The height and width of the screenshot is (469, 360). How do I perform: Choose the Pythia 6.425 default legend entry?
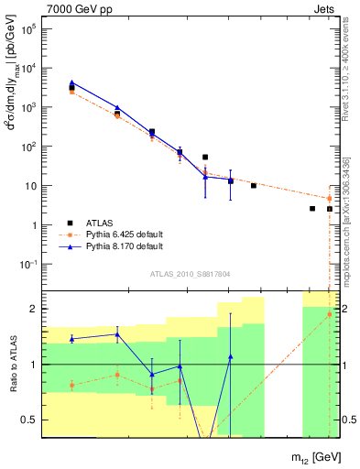(124, 234)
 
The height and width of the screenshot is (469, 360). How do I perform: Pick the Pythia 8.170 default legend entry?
(124, 247)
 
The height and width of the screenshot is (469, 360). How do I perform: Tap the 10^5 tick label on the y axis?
(29, 28)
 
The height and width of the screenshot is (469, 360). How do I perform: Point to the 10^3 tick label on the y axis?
(29, 107)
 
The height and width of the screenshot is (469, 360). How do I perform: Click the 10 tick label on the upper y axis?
(32, 186)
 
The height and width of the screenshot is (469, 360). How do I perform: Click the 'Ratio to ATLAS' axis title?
(13, 364)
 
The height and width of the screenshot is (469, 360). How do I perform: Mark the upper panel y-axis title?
(12, 105)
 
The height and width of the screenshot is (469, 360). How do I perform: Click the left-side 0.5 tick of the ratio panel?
(32, 420)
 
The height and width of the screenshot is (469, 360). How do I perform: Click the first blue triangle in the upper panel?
(71, 82)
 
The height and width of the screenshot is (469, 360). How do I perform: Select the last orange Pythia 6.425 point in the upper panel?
(330, 198)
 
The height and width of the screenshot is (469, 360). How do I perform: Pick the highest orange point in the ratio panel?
(330, 314)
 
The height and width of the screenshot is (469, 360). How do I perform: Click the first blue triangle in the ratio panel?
(71, 339)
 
